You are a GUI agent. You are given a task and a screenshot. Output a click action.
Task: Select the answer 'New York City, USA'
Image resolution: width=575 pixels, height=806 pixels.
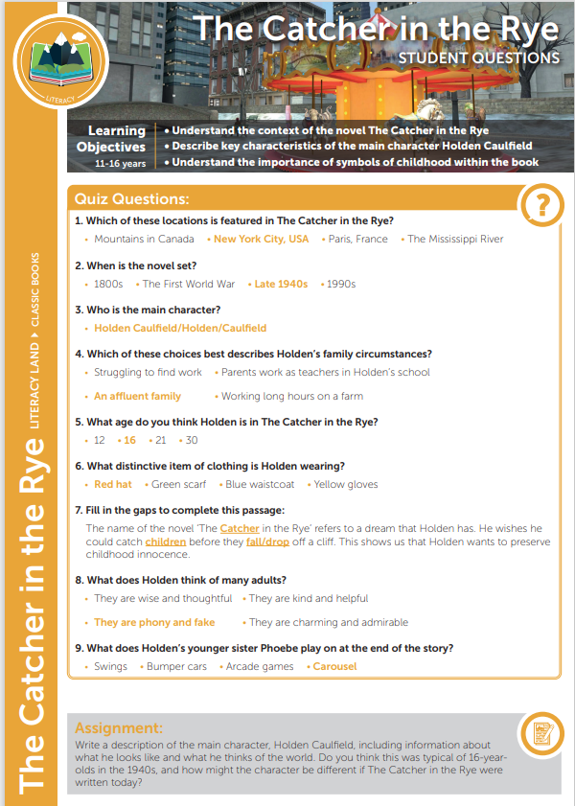261,239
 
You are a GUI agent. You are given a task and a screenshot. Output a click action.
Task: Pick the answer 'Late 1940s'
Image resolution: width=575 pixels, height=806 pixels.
281,284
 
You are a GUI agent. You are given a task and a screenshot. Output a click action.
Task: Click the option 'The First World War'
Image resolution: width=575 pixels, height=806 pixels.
188,284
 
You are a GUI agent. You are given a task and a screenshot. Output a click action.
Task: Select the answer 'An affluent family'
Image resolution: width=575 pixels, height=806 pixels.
137,396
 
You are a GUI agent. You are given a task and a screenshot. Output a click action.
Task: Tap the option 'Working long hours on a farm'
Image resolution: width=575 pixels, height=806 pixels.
291,396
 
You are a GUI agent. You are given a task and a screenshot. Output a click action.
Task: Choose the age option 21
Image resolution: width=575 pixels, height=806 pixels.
160,440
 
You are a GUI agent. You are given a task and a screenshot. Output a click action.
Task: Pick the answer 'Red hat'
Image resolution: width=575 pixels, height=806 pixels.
113,484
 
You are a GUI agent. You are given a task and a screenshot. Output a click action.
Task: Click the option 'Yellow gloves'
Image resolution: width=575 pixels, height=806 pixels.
345,484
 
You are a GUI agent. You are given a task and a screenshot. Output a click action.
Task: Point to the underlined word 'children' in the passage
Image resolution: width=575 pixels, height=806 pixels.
166,541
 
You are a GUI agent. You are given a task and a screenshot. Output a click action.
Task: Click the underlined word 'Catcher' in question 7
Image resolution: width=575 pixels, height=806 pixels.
240,528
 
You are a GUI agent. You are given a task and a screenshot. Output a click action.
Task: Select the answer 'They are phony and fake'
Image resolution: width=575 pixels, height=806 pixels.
154,622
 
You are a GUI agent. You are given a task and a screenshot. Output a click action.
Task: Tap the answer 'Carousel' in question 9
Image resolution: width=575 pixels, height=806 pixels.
334,666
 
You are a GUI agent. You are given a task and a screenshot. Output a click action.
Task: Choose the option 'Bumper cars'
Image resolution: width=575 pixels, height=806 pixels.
176,666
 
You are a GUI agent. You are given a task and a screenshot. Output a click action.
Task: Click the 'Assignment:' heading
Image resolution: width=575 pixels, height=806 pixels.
119,728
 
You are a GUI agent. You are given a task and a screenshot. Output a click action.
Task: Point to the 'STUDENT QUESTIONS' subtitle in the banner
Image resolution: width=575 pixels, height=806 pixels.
479,58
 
